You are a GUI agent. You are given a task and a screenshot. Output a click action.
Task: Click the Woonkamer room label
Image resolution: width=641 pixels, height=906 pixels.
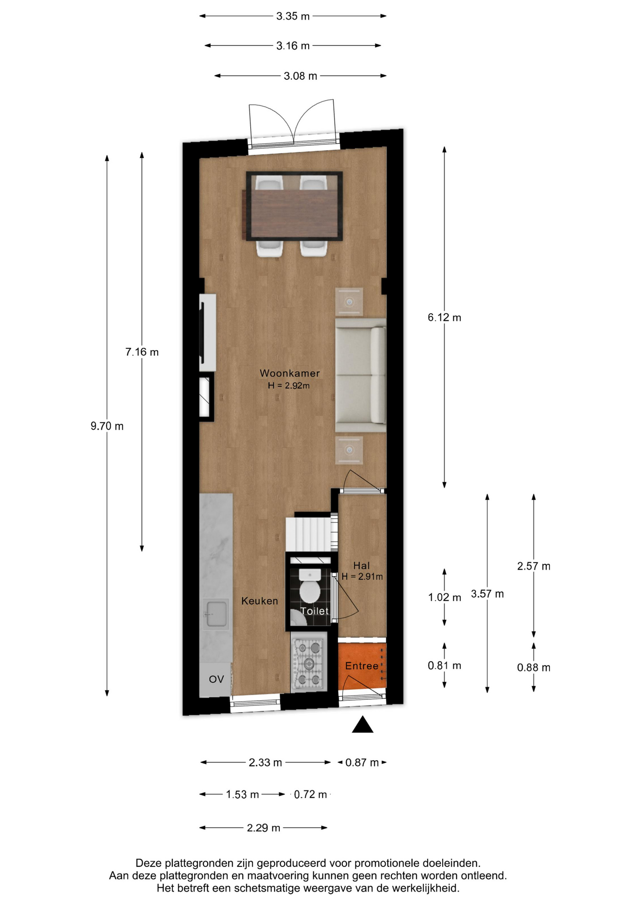290,373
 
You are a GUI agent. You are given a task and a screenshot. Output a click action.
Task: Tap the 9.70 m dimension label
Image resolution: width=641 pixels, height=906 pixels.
107,426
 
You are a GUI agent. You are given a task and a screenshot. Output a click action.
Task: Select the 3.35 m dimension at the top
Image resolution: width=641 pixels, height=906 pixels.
293,16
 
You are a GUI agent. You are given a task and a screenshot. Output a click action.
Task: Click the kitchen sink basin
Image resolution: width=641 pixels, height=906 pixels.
216,614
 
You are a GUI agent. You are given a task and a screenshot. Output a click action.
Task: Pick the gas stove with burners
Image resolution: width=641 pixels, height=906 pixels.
309,664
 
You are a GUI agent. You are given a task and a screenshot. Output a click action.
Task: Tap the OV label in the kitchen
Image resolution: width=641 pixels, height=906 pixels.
216,679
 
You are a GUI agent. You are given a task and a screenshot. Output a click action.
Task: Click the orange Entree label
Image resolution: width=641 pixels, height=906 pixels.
362,666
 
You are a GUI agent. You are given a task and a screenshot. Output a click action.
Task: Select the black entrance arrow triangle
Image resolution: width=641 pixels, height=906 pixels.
363,724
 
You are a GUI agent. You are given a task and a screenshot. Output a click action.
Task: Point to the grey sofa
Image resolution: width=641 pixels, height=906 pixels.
361,375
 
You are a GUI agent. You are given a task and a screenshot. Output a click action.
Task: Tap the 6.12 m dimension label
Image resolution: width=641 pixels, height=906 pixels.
444,318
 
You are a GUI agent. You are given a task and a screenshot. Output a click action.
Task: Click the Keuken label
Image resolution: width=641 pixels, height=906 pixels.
260,601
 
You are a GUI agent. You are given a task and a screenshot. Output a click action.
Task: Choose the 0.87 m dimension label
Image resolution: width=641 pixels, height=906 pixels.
362,763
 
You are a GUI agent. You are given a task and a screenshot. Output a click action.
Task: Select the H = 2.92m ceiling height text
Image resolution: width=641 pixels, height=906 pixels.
289,386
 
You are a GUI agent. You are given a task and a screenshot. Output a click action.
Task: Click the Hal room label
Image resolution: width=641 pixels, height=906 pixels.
362,565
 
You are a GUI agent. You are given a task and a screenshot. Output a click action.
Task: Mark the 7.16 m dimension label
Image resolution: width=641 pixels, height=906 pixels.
142,352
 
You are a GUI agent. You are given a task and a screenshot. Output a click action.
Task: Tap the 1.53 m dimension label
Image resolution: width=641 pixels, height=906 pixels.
242,795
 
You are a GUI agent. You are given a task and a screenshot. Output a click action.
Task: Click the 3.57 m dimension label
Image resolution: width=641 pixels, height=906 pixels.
487,594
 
